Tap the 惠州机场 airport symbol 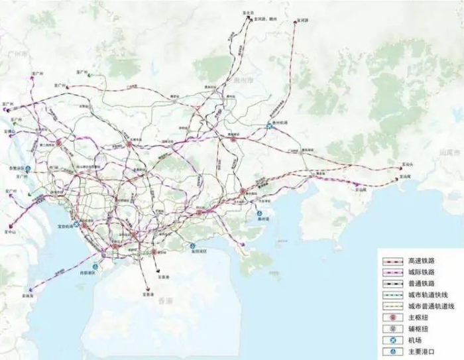tap(269, 124)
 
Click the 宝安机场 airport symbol tap(77, 224)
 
